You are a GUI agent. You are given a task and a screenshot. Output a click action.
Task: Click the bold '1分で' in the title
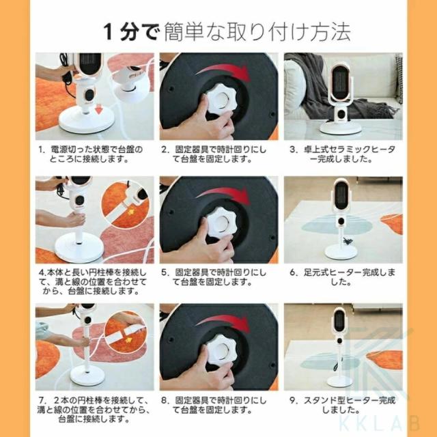[131, 32]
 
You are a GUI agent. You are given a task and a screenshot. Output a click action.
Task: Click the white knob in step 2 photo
[220, 100]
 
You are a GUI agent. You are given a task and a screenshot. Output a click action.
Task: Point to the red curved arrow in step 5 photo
[223, 193]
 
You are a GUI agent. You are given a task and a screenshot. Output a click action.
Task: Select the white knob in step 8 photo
[220, 350]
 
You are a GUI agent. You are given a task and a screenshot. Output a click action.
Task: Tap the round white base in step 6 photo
[341, 252]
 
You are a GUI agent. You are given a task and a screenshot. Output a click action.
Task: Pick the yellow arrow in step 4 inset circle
[130, 212]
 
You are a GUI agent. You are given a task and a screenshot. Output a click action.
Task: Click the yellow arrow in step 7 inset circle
[128, 340]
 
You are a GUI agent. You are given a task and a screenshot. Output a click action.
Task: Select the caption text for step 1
[91, 154]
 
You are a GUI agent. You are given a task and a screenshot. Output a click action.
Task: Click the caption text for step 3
[343, 154]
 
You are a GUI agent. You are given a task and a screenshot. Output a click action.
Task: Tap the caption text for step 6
[343, 277]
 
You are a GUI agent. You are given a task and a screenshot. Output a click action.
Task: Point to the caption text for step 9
[343, 405]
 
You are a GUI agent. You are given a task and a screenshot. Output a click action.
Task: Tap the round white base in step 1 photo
[87, 122]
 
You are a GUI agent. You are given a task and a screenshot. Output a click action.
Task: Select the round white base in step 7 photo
[87, 375]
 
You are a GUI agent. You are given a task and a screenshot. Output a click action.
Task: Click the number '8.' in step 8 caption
[165, 401]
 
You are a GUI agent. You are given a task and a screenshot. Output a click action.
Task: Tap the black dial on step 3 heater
[341, 113]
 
